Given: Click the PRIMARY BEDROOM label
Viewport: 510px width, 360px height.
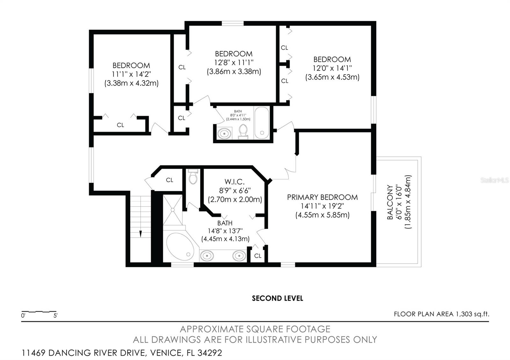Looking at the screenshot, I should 322,197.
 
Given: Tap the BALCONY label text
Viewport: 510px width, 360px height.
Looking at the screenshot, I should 390,202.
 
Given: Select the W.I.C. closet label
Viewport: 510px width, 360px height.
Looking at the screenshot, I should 234,182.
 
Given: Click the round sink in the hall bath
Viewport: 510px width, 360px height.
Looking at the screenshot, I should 224,133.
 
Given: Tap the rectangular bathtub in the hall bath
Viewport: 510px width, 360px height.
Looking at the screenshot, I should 262,123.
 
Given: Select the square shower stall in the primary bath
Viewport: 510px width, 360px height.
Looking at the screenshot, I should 172,210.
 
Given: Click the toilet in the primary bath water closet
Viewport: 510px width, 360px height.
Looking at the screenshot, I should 193,177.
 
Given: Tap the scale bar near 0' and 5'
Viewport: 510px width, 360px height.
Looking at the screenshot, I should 39,312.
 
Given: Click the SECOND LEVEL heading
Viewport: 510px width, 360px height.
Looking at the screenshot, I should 277,298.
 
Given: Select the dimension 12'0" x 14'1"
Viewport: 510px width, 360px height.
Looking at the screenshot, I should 332,68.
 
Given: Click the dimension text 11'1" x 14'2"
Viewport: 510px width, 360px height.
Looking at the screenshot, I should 131,74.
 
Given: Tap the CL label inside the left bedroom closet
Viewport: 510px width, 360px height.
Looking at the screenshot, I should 120,125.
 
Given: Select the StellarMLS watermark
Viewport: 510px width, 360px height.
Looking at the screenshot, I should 495,180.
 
